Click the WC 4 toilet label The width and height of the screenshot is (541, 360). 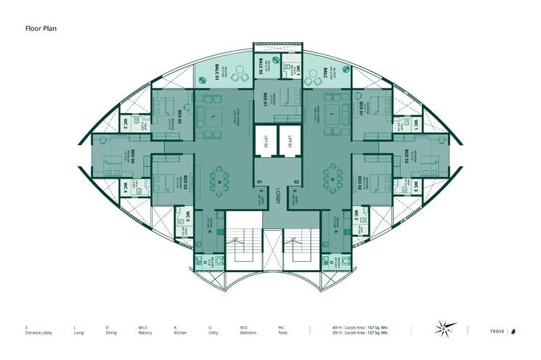(126, 187)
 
